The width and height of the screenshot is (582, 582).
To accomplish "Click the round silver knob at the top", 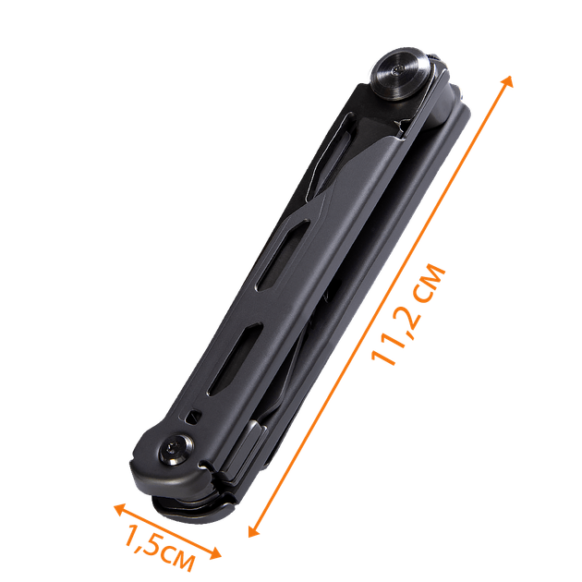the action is [402, 74].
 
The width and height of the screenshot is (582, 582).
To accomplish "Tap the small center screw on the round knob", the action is [399, 69].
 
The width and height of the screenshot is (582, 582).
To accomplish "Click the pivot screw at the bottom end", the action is [176, 450].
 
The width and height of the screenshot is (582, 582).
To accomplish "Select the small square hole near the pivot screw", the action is [193, 418].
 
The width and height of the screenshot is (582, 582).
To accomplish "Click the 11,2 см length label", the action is [408, 314].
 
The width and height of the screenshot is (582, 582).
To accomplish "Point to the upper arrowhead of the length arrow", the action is [507, 81].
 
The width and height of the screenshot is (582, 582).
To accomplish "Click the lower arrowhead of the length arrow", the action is [254, 530].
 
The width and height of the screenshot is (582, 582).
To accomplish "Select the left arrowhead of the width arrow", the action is [120, 510].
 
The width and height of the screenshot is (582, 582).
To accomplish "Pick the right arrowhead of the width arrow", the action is [215, 553].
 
